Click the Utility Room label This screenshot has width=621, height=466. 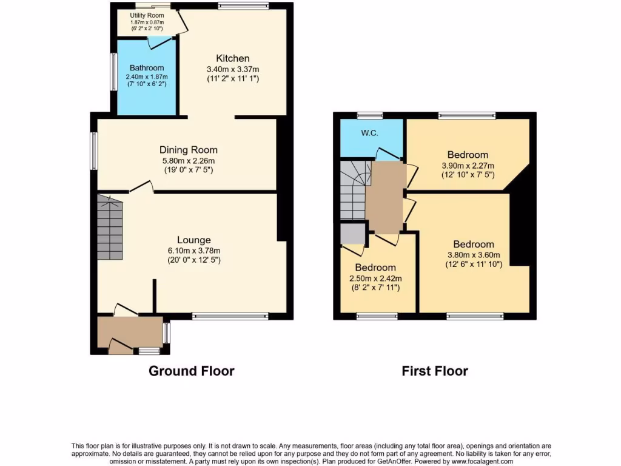[147, 15]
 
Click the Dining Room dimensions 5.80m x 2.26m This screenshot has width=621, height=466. [188, 161]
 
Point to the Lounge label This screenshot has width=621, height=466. [193, 240]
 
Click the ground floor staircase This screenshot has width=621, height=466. [110, 227]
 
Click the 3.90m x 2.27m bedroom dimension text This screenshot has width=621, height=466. [468, 166]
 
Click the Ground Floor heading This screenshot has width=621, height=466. [191, 371]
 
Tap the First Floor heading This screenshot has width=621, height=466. [435, 371]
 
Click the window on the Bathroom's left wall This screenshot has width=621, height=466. [113, 73]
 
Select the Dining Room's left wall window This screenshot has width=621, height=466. [94, 151]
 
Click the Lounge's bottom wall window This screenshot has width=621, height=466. [230, 316]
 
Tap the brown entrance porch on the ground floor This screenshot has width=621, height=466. [130, 334]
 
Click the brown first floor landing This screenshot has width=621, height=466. [384, 197]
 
